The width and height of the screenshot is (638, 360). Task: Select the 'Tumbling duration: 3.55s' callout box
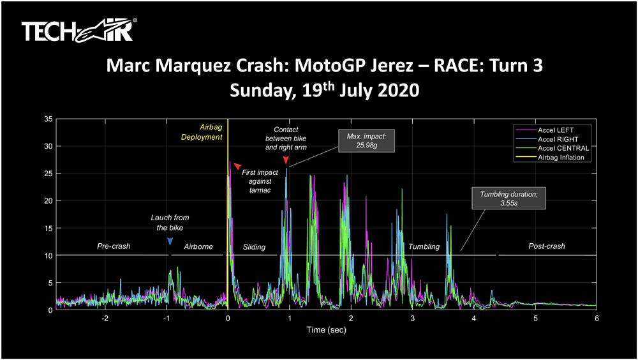pyautogui.click(x=509, y=199)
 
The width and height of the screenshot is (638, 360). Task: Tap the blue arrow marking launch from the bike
pyautogui.click(x=170, y=241)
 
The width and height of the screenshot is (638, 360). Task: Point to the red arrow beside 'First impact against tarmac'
pyautogui.click(x=237, y=166)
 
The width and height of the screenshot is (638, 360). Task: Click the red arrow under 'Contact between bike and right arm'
pyautogui.click(x=286, y=160)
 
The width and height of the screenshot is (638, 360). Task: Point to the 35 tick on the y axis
pyautogui.click(x=48, y=119)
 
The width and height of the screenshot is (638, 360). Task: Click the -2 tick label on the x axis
pyautogui.click(x=105, y=319)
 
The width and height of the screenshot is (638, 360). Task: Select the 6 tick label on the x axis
pyautogui.click(x=597, y=319)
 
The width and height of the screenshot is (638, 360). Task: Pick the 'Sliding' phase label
pyautogui.click(x=254, y=246)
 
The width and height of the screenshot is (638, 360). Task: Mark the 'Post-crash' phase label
pyautogui.click(x=547, y=246)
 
